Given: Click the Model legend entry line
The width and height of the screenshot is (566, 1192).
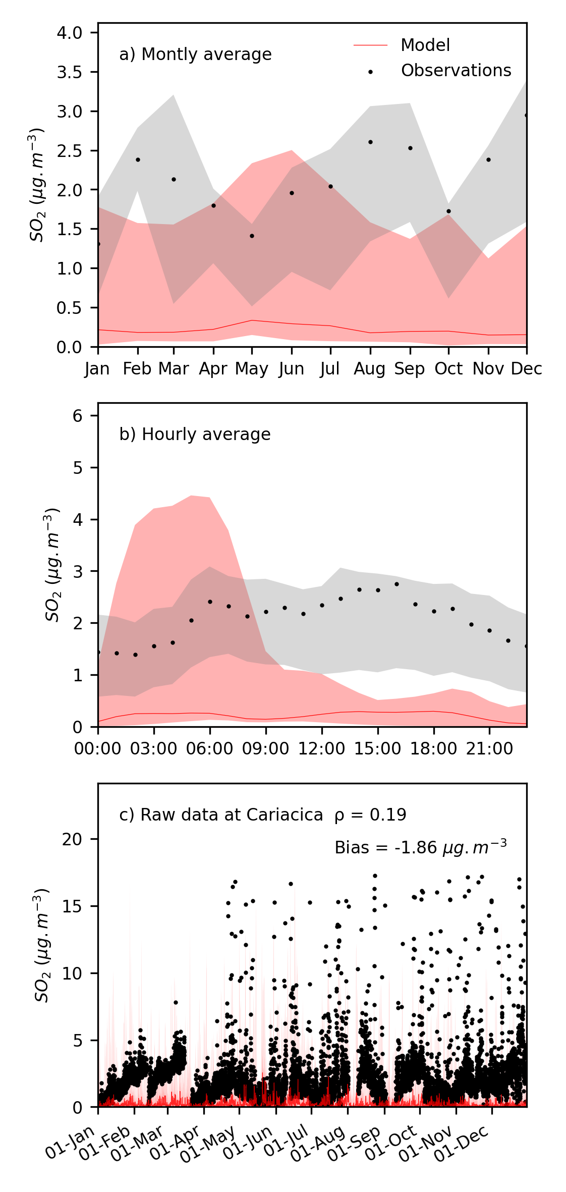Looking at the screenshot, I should click(370, 45).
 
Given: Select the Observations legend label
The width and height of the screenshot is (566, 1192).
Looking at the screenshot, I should click(456, 71).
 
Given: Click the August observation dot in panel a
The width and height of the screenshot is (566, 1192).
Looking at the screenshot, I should click(370, 142).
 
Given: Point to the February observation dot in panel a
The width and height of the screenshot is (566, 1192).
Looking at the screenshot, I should click(137, 160).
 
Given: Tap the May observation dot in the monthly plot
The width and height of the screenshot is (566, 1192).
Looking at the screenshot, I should click(252, 236).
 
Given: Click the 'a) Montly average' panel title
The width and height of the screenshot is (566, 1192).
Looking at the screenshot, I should click(195, 55).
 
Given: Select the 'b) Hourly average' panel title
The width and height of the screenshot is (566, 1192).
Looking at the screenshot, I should click(195, 435).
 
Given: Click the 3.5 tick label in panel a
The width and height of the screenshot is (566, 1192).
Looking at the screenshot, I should click(69, 72).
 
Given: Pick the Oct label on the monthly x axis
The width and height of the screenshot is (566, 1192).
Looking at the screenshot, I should click(448, 369).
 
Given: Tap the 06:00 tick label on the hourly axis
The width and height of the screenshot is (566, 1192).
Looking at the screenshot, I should click(210, 748).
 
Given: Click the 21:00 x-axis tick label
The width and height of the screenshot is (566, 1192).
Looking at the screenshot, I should click(489, 748).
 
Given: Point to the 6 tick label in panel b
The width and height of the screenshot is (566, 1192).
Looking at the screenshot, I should click(77, 416).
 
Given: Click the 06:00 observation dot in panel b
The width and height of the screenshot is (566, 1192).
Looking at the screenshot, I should click(210, 602).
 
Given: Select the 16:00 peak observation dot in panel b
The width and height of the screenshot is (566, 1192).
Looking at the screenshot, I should click(397, 584).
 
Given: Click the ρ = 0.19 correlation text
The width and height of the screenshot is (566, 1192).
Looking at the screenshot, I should click(370, 815).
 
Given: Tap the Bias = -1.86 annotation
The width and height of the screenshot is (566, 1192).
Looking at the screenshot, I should click(420, 847).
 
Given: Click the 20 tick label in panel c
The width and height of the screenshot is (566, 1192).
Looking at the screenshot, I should click(72, 839).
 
